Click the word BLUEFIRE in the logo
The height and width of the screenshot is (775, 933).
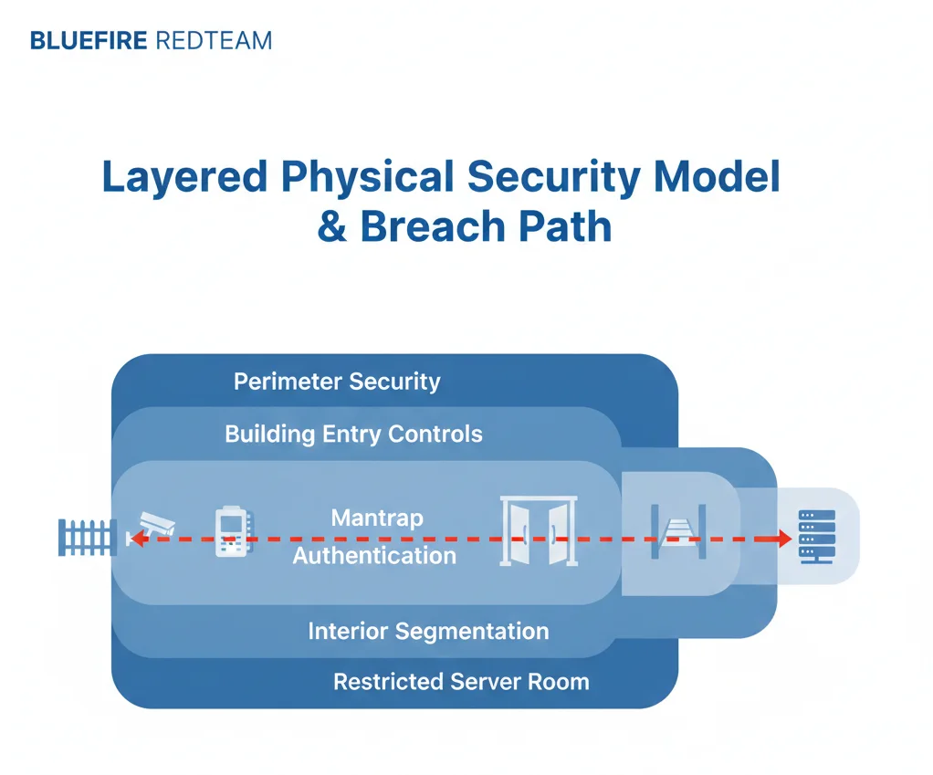(89, 41)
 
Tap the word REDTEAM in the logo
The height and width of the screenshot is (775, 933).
(215, 41)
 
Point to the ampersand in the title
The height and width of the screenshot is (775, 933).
(332, 226)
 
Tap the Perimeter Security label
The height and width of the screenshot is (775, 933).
(337, 382)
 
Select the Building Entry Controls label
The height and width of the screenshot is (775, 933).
(353, 434)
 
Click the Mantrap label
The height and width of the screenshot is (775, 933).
(377, 518)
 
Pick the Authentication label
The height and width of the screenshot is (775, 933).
(374, 555)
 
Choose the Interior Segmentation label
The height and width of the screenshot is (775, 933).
(428, 631)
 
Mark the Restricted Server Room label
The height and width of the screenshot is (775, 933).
(461, 681)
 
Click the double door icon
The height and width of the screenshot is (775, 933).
(540, 531)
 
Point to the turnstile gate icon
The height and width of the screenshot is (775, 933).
(679, 532)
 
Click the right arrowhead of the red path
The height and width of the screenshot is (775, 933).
(783, 539)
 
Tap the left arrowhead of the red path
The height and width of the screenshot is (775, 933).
(135, 539)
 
